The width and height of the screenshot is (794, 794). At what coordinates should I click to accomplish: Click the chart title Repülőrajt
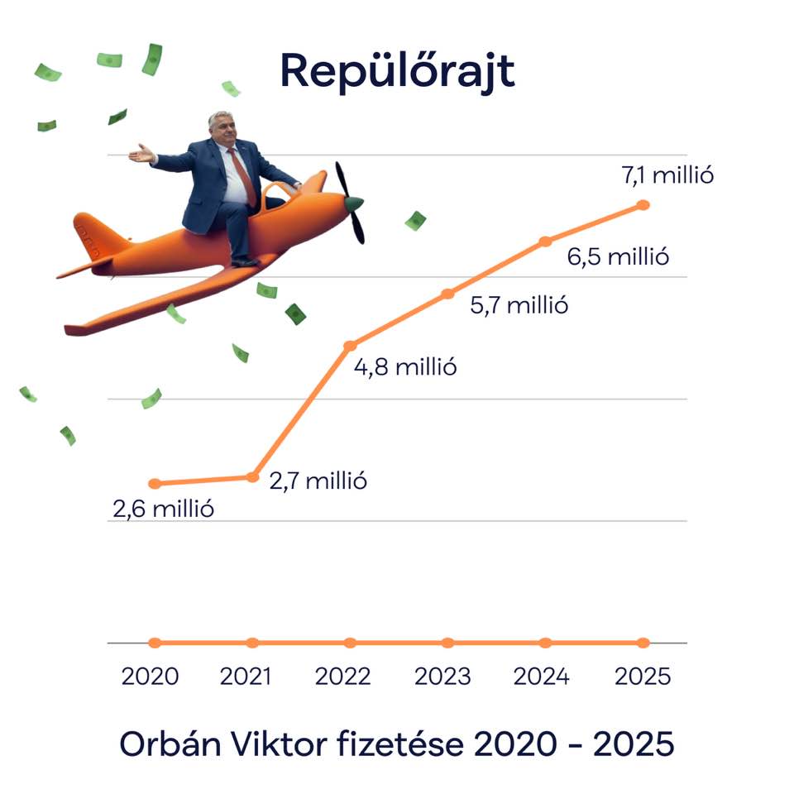click(398, 71)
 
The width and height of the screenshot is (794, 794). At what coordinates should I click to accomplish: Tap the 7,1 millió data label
click(667, 175)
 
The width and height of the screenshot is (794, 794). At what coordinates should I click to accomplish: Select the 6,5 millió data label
click(618, 256)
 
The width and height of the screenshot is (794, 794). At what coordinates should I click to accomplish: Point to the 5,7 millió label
click(519, 305)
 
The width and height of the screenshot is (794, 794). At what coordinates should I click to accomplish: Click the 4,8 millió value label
click(405, 367)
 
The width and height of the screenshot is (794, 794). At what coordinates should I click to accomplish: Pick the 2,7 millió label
click(318, 481)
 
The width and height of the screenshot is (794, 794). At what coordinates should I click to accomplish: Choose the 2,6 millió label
click(163, 509)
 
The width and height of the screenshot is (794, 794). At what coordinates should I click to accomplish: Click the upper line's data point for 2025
click(643, 205)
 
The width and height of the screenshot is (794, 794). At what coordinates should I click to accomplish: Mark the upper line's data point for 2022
click(350, 346)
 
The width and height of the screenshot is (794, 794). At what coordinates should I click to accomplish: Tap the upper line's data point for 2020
click(155, 484)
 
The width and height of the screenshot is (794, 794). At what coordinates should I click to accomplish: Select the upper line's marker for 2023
click(447, 294)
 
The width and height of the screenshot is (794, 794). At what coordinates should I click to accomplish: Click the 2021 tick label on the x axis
click(246, 677)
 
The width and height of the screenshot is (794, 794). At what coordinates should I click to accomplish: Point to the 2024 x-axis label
click(541, 677)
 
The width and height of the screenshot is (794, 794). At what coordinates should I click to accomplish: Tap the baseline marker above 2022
click(350, 643)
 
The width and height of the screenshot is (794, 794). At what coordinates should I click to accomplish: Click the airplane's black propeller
click(350, 203)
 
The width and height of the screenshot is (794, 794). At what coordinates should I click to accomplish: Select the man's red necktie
click(243, 177)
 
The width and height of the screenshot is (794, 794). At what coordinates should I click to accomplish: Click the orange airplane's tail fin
click(94, 236)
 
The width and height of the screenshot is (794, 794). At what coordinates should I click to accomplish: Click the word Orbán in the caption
click(170, 744)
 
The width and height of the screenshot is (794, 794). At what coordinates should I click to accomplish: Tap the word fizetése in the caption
click(400, 744)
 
